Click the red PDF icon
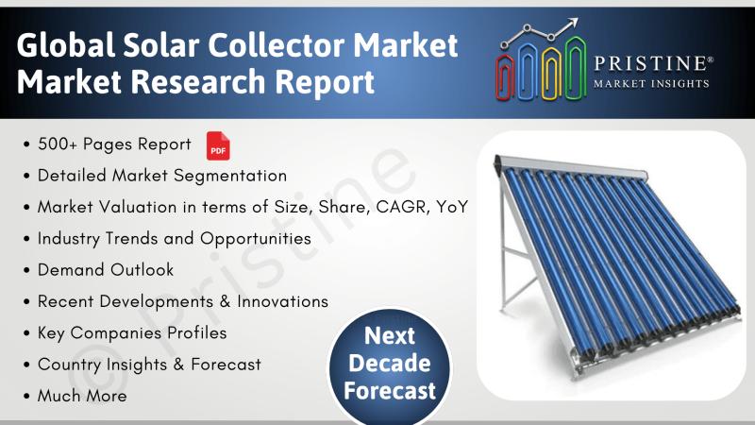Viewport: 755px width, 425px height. [x=218, y=145]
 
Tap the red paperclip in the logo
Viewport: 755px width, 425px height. [x=504, y=77]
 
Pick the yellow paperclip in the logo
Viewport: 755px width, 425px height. [x=551, y=74]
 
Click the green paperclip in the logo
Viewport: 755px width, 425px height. [x=576, y=67]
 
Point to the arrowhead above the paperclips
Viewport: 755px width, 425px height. [x=573, y=23]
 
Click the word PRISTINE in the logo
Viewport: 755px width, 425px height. [x=650, y=63]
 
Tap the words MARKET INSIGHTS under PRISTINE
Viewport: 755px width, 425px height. [x=651, y=84]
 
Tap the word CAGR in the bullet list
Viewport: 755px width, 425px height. [x=403, y=207]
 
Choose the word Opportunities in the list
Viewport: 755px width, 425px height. [x=256, y=239]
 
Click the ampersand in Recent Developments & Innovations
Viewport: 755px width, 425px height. [x=225, y=301]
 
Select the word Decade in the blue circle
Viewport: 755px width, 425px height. [x=390, y=363]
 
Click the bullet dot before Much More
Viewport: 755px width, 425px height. [x=26, y=397]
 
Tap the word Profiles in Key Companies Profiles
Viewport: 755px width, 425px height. [x=197, y=333]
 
